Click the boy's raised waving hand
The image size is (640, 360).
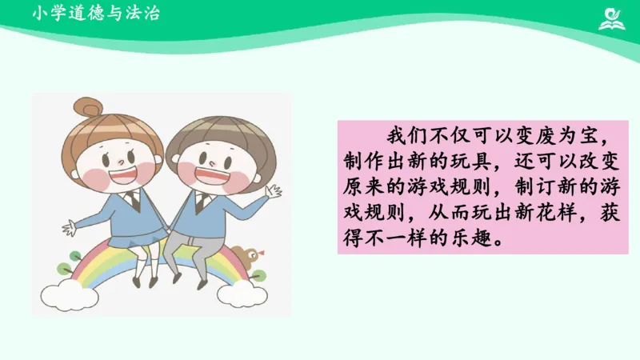pyautogui.click(x=273, y=192)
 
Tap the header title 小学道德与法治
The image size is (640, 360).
pyautogui.click(x=96, y=14)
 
